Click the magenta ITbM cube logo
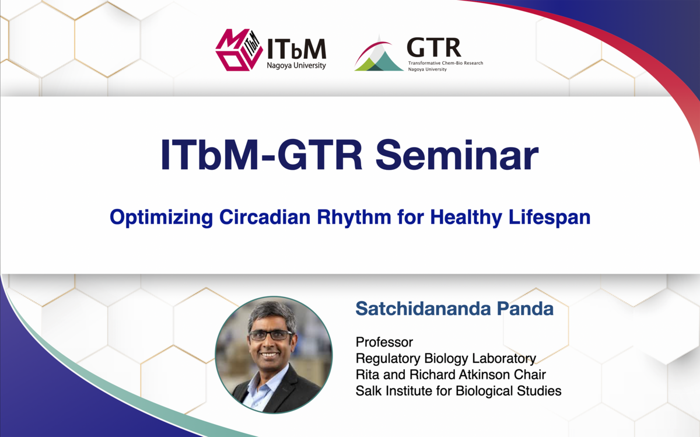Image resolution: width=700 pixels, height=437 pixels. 239,50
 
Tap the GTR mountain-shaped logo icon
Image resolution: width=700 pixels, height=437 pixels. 379,53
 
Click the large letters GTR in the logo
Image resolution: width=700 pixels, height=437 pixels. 434,47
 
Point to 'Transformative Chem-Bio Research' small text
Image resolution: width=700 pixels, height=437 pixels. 446,63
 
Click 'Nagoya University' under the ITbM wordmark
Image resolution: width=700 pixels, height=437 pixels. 296,66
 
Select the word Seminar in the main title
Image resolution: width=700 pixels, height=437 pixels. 457,155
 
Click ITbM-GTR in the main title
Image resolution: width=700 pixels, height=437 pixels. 261,155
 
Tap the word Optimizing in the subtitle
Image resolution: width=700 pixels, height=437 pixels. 161,218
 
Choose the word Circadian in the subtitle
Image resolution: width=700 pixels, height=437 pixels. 265,217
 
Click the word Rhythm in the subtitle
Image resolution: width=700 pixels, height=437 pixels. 354,218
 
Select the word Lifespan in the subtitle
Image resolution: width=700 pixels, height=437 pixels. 549,218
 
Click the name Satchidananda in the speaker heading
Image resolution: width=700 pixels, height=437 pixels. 423,309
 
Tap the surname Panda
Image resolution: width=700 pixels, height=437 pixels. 526,309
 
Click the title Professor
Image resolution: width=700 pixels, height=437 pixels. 384,342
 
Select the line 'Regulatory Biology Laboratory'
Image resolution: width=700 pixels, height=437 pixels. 446,359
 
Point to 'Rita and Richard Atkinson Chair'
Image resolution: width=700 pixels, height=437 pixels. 450,375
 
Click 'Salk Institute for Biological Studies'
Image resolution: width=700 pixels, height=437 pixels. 459,391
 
